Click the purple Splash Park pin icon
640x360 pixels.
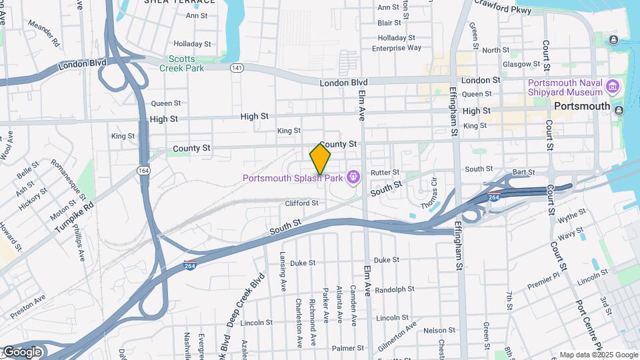(x=353, y=177)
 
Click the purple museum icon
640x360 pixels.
(x=613, y=87)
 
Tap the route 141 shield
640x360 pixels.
(x=237, y=68)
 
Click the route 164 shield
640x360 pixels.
(x=143, y=171)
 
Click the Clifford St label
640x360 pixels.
(x=301, y=203)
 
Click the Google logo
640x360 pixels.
(x=21, y=352)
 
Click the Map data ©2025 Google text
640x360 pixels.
(x=598, y=355)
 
